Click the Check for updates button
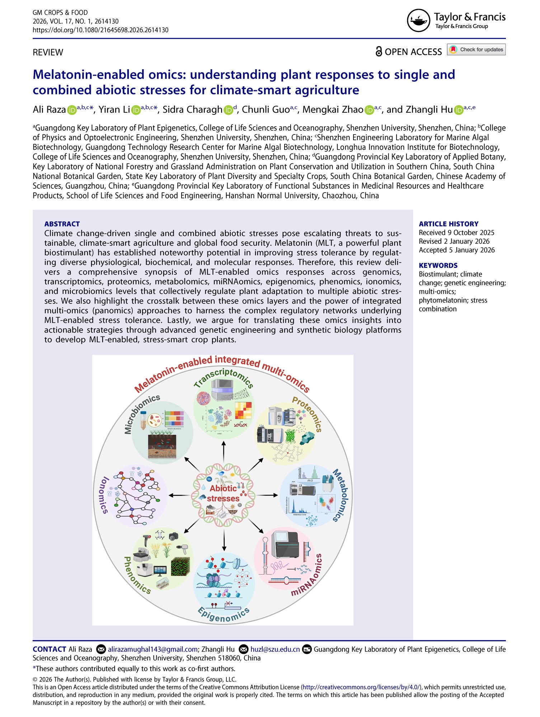click(476, 49)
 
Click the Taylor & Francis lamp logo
click(418, 21)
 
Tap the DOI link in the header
click(100, 30)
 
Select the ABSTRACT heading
click(62, 224)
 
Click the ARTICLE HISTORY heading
click(449, 224)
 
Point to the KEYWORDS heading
click(438, 265)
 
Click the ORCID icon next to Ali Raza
click(72, 110)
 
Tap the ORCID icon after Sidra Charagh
click(228, 110)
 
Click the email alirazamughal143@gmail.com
click(153, 649)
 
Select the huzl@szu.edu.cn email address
click(275, 649)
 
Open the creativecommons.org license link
click(361, 687)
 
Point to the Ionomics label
click(103, 495)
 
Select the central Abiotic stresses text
click(224, 493)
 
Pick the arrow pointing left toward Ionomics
click(179, 495)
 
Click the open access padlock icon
click(379, 52)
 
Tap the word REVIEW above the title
click(48, 52)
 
